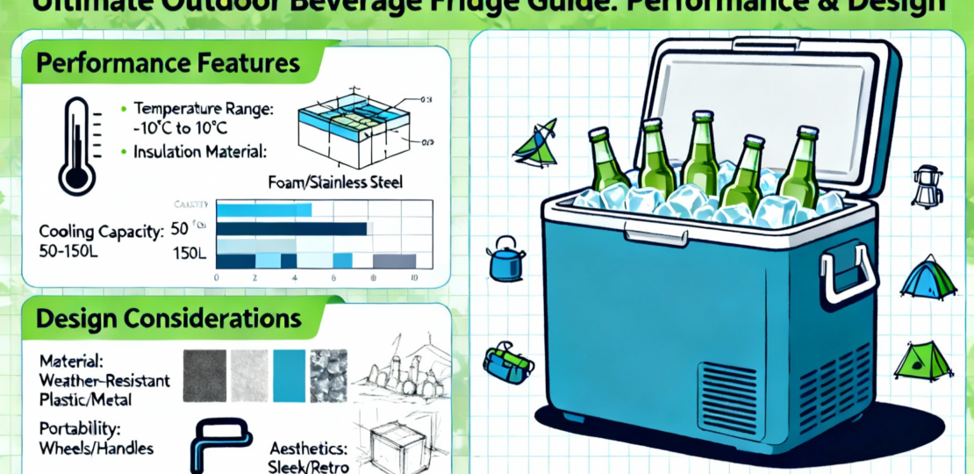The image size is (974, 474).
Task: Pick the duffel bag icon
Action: [508, 360]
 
